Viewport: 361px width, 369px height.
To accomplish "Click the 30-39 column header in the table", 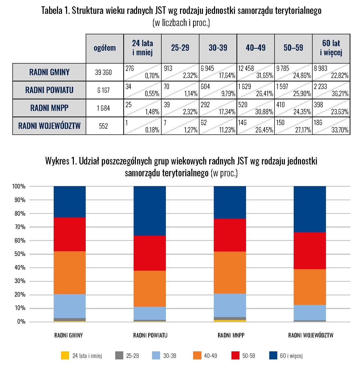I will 218,48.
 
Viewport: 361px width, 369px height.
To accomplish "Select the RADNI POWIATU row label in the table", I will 49,90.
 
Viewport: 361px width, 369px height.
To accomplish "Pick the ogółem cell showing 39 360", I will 103,72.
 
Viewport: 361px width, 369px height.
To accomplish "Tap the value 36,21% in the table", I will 340,94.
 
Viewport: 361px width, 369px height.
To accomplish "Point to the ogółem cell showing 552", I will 103,126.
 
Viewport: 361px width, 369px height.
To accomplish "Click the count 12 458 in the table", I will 246,68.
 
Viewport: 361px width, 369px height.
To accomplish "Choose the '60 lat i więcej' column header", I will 331,48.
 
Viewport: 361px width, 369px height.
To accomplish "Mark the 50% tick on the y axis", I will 20,254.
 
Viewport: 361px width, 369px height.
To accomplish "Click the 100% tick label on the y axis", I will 19,186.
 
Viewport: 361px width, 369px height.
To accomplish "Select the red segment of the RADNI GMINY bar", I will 70,234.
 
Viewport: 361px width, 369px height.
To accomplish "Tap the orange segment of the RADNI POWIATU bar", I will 150,289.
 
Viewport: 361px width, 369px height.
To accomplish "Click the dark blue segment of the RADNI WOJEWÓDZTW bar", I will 310,209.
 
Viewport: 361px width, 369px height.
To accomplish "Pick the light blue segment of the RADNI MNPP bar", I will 230,305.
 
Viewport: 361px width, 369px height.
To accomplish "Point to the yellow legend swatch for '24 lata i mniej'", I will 65,355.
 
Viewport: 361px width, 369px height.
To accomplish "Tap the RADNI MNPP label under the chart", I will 231,335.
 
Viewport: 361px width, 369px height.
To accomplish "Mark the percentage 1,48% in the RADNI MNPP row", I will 152,112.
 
